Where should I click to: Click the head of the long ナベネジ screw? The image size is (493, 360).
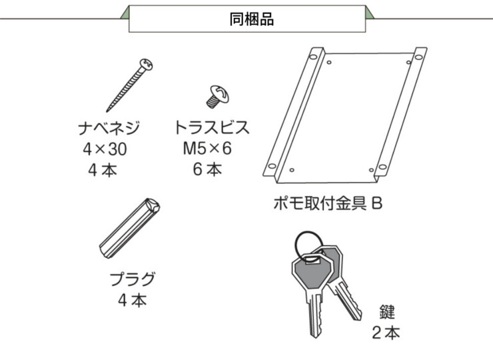[x=146, y=65]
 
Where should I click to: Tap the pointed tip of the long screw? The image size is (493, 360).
[x=108, y=111]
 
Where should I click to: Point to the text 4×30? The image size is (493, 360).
[x=105, y=149]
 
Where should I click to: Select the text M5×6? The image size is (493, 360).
[x=207, y=149]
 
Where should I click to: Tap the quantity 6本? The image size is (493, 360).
[x=207, y=169]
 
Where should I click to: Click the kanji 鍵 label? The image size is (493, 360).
[x=387, y=312]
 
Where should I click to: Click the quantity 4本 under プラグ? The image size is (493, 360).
[x=133, y=300]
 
